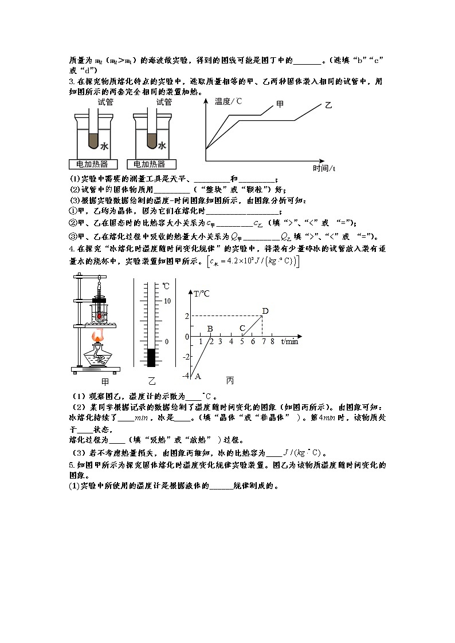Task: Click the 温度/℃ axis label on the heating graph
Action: coord(228,101)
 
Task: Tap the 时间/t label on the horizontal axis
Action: coord(324,168)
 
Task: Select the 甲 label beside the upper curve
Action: coord(280,104)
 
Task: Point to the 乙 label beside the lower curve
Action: coord(328,105)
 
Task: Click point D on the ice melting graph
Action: coord(265,311)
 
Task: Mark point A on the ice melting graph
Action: coord(198,376)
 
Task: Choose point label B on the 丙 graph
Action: coord(210,329)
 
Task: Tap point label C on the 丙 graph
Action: coord(242,329)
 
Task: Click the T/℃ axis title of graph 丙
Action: coord(201,294)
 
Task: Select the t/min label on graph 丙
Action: coord(289,341)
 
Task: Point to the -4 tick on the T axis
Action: coord(185,376)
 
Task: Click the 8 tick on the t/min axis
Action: coord(272,341)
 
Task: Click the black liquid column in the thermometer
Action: coord(151,357)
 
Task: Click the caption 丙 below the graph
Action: coord(230,381)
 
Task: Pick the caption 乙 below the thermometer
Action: coord(151,381)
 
